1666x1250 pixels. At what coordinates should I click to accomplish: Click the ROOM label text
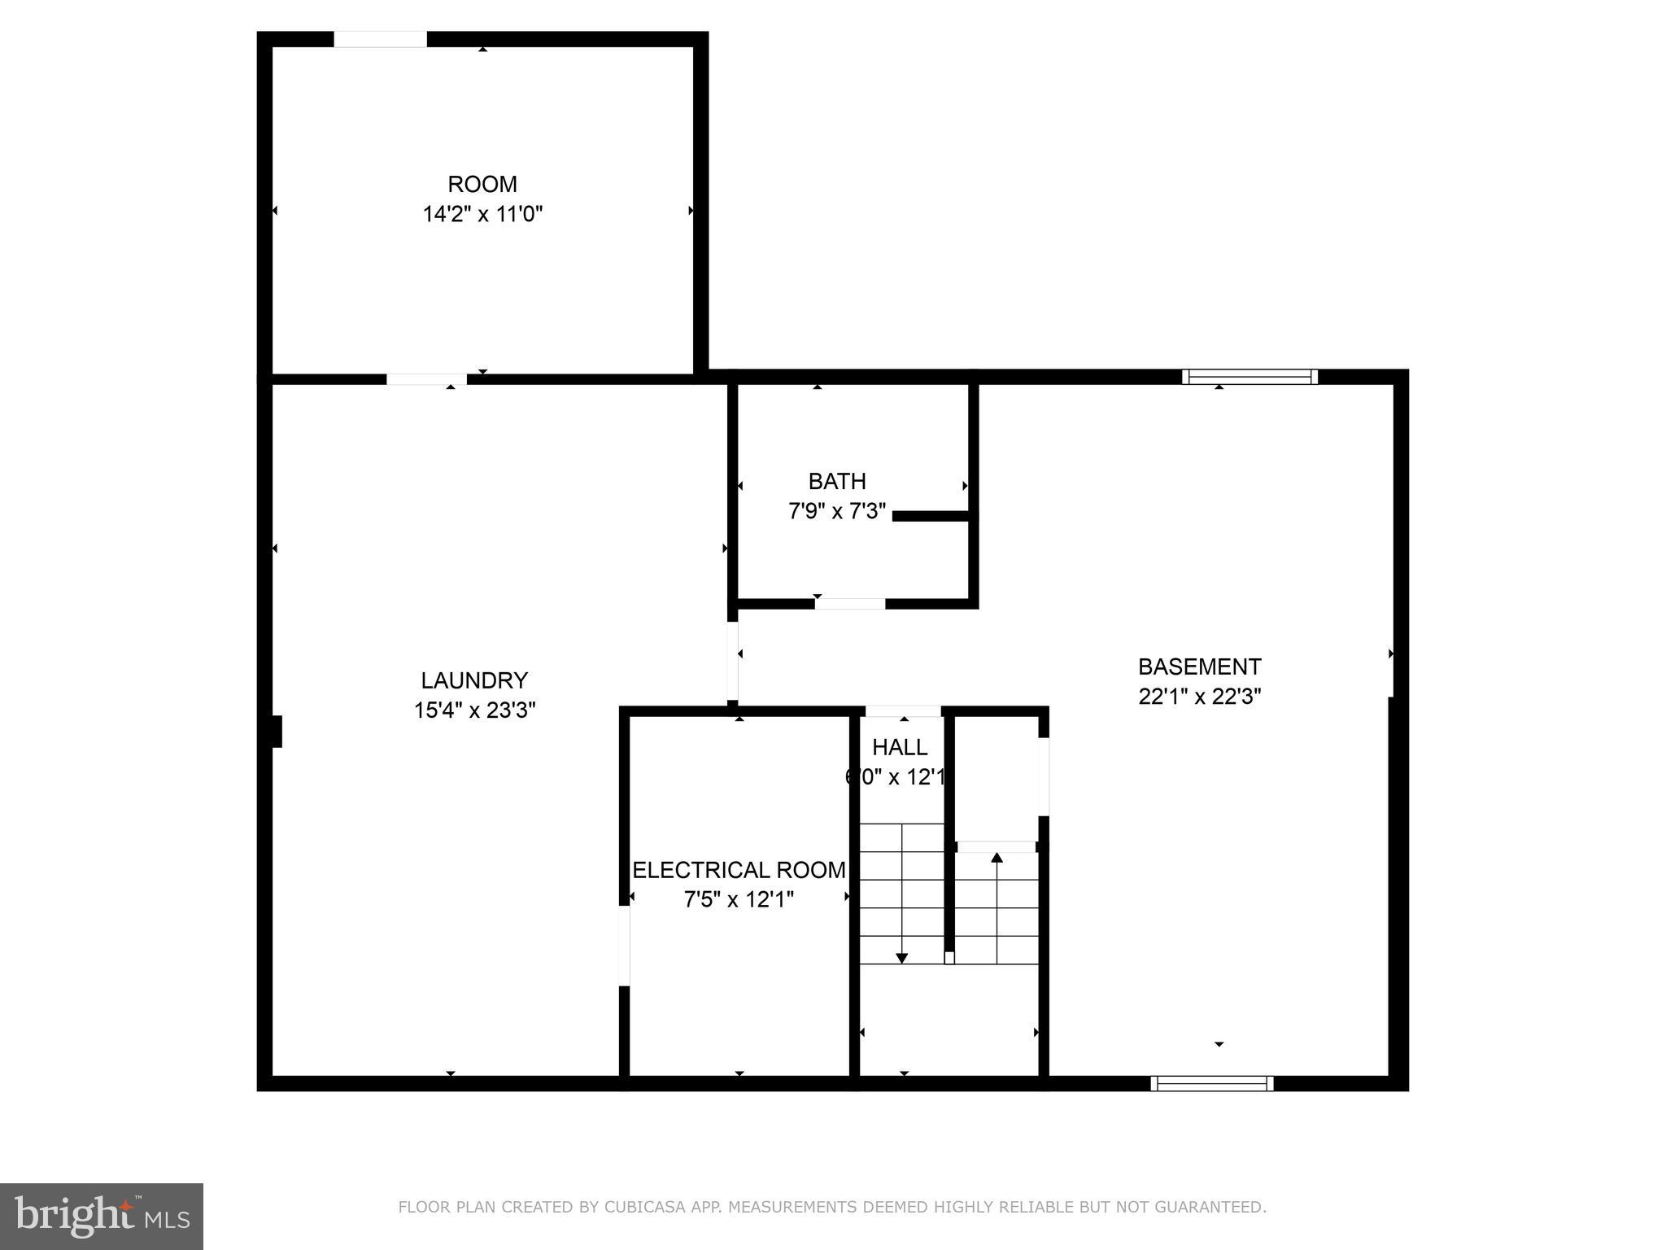point(482,184)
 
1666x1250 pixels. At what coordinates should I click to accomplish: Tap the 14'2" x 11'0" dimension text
point(482,215)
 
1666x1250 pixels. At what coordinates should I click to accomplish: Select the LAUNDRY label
point(473,680)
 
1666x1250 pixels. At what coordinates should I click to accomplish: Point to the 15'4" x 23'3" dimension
point(473,710)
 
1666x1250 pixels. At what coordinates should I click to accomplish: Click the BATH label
point(836,482)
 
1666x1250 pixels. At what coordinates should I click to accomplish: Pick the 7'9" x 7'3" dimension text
point(836,512)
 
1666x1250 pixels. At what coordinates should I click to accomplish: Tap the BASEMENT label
point(1198,667)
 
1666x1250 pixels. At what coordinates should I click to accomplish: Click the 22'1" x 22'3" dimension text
point(1198,697)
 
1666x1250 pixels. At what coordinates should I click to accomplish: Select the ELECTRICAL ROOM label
point(739,870)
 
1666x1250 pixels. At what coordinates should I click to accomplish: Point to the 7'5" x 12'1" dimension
point(739,900)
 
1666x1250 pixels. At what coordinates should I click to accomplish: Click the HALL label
point(899,747)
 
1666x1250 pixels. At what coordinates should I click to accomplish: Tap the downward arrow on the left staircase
point(901,958)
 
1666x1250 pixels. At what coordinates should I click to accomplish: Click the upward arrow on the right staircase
point(997,858)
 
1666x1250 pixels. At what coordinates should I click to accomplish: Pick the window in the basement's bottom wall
point(1211,1083)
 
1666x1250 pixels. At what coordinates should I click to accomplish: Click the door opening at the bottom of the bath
point(849,604)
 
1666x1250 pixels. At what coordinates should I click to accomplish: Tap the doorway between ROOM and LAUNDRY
point(426,379)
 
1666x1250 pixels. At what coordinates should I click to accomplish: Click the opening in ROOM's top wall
point(380,39)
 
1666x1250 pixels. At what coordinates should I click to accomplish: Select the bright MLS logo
point(101,1216)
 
